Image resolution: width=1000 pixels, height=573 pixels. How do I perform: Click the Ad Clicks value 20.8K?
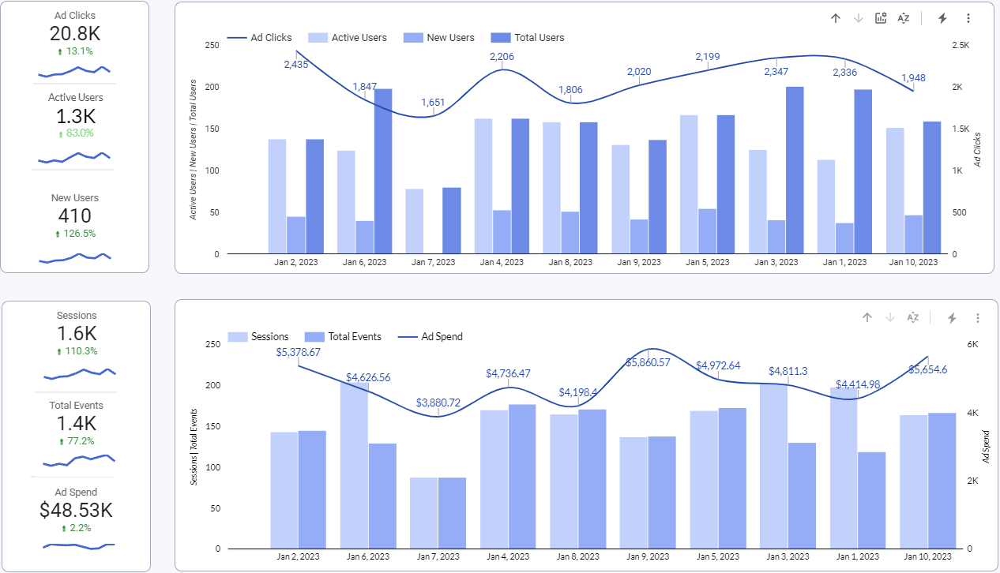[74, 34]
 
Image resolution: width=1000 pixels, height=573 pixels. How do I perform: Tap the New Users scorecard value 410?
[74, 216]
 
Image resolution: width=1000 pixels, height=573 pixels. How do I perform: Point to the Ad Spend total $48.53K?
[76, 511]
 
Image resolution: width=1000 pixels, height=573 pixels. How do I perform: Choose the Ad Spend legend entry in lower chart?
[442, 336]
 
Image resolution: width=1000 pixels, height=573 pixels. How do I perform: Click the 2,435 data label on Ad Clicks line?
[296, 65]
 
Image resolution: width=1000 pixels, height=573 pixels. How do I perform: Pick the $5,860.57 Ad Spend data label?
[648, 362]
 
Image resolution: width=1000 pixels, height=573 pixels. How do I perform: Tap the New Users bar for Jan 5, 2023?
[708, 231]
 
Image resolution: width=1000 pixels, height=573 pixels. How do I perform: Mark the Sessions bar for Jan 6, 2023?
[354, 466]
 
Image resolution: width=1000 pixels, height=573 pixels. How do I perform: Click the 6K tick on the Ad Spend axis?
[973, 345]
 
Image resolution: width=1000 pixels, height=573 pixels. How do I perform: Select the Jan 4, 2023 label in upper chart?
[502, 262]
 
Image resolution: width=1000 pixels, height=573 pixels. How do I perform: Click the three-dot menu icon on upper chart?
[968, 18]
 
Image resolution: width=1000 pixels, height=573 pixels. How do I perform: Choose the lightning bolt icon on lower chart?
[952, 318]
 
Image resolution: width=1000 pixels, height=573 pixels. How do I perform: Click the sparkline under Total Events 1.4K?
[79, 458]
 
